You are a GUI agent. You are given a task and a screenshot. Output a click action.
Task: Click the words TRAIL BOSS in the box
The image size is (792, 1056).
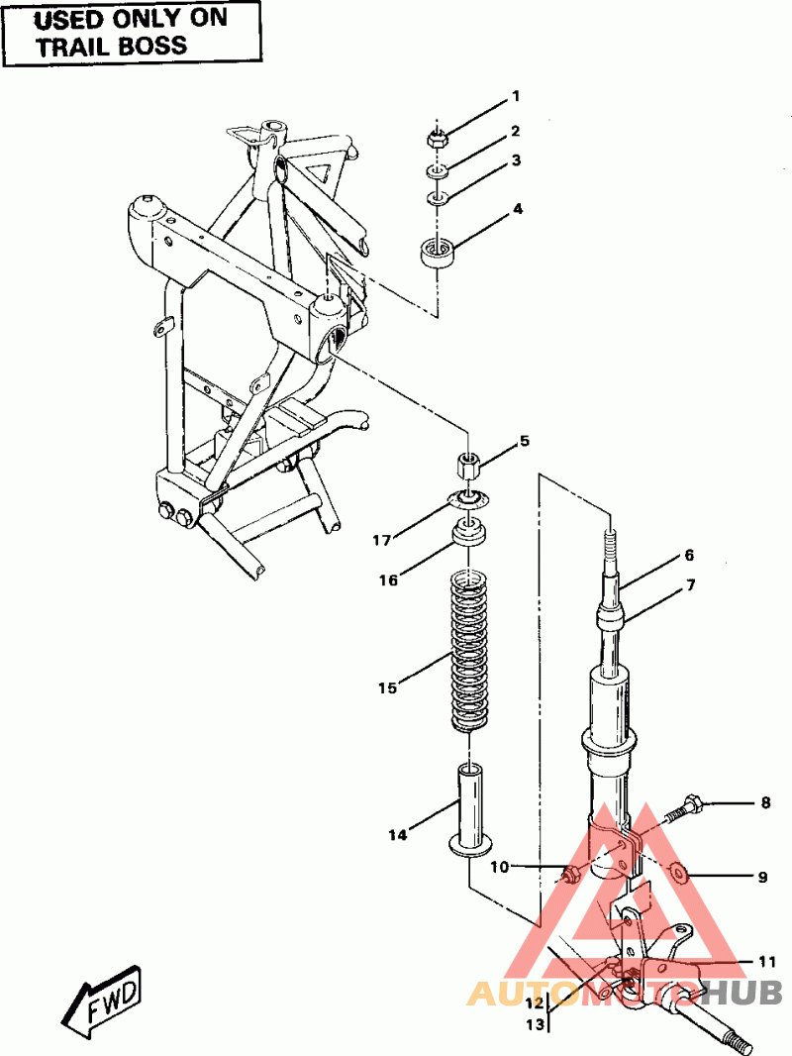pyautogui.click(x=112, y=46)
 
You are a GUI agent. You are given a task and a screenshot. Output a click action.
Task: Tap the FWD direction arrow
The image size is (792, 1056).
pyautogui.click(x=103, y=999)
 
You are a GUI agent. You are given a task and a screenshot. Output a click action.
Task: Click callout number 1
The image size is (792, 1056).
pyautogui.click(x=516, y=96)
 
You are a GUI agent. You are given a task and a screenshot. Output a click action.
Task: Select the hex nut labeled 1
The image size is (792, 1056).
pyautogui.click(x=436, y=140)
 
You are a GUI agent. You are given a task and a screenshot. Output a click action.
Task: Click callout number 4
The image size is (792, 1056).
pyautogui.click(x=518, y=209)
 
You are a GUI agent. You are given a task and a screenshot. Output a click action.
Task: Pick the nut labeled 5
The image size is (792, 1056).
pyautogui.click(x=467, y=465)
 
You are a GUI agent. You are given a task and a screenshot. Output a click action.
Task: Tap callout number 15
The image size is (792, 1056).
pyautogui.click(x=388, y=687)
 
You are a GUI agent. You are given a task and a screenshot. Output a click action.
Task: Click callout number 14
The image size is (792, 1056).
pyautogui.click(x=398, y=834)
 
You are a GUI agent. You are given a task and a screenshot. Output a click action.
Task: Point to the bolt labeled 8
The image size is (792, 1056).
pyautogui.click(x=685, y=808)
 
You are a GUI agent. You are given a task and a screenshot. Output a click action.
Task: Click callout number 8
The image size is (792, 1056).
pyautogui.click(x=765, y=802)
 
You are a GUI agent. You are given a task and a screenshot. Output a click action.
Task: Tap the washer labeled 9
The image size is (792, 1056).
pyautogui.click(x=679, y=873)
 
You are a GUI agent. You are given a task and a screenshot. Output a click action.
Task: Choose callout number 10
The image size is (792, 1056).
pyautogui.click(x=499, y=867)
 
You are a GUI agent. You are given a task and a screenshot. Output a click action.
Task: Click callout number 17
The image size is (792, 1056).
pyautogui.click(x=381, y=540)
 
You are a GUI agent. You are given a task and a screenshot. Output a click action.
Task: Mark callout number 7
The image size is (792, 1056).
pyautogui.click(x=690, y=585)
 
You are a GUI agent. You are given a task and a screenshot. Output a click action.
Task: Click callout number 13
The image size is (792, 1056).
pyautogui.click(x=535, y=1024)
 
